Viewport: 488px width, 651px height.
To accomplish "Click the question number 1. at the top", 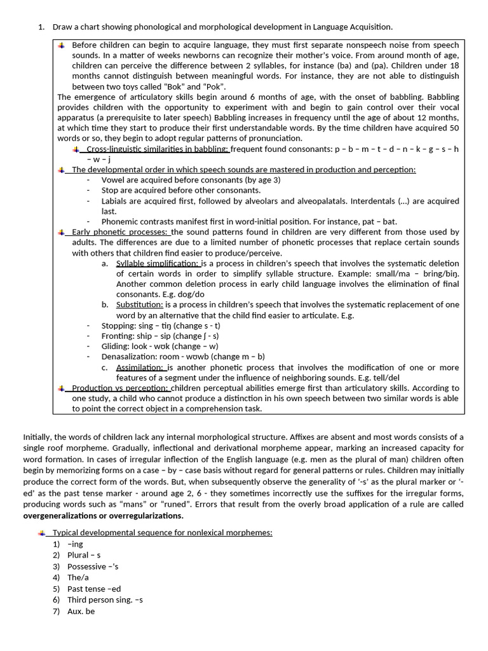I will coord(41,27).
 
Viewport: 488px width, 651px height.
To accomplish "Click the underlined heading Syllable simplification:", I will coord(158,263).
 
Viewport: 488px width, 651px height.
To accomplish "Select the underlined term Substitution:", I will coord(139,305).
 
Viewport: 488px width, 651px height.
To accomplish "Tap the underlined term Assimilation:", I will coord(140,367).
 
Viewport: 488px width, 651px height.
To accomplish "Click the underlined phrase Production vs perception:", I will coord(121,388).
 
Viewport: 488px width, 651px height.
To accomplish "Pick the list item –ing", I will coord(75,544).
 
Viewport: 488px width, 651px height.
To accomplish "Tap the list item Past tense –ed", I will coord(93,589).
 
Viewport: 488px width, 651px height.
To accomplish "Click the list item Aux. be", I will coord(81,611).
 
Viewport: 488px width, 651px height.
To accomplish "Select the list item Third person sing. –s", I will coord(105,600).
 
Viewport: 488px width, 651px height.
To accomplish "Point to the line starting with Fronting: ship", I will coord(160,336).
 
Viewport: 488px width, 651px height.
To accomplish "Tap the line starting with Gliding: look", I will coord(159,346).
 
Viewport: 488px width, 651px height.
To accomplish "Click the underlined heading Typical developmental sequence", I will coord(162,532).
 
